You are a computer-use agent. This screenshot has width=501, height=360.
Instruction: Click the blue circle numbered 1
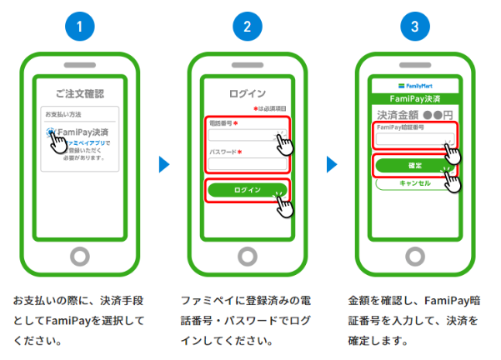80,27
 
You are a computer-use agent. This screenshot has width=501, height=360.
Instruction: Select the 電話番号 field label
222,123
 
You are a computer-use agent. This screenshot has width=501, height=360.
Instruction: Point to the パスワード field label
223,152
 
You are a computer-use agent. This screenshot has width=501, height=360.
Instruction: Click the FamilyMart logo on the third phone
414,85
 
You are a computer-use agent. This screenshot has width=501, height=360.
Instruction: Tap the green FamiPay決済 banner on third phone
414,98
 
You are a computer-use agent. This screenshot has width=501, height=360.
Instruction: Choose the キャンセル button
414,183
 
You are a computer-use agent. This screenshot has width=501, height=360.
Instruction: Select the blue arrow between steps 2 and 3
330,165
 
